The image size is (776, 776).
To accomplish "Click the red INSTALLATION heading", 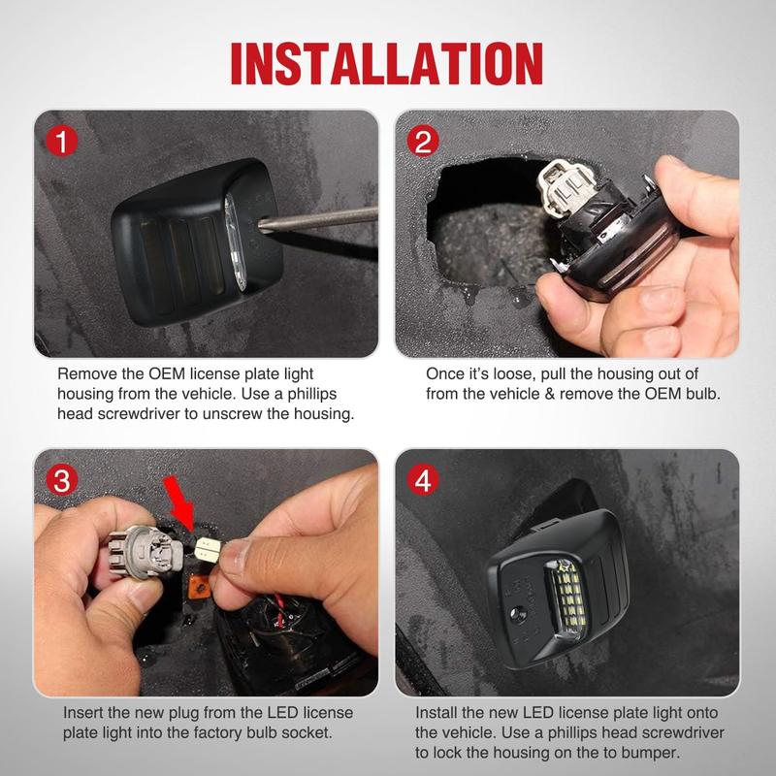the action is [387, 63].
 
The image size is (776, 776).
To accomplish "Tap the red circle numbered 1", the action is [62, 141].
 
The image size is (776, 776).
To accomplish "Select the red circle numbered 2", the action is [423, 141].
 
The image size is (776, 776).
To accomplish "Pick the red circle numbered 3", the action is [62, 479].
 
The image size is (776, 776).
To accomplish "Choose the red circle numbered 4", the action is [423, 479].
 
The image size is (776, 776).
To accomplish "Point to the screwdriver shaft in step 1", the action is [318, 219].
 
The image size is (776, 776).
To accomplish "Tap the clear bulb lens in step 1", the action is [235, 241].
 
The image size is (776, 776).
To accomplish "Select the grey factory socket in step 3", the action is [144, 553].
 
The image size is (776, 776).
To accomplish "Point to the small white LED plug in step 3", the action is [208, 549].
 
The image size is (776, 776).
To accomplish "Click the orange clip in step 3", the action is [200, 587].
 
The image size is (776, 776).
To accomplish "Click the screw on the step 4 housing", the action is [518, 613].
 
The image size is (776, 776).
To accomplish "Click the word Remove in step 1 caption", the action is [87, 373].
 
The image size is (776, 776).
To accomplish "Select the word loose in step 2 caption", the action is [512, 373].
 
